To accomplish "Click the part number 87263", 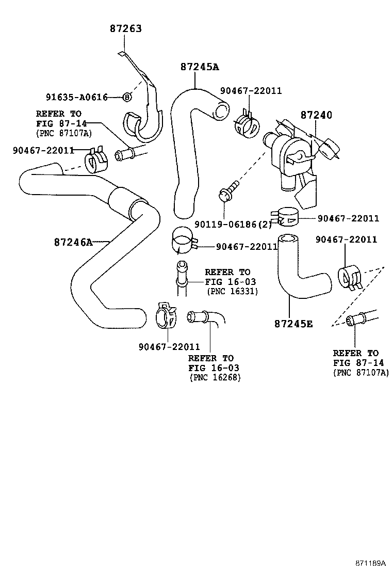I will coord(125,29).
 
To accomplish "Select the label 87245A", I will coord(200,67).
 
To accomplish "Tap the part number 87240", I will coord(317,115).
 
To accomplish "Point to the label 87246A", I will coord(73,242).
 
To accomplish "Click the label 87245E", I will coord(293,324).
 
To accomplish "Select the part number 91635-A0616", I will coord(76,97).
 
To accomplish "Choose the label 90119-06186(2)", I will coord(233,224).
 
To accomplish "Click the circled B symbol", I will coord(126,97).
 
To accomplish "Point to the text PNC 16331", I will coord(232,292).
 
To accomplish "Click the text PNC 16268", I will coord(215,377).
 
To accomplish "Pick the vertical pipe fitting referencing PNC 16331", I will coord(181,279).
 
